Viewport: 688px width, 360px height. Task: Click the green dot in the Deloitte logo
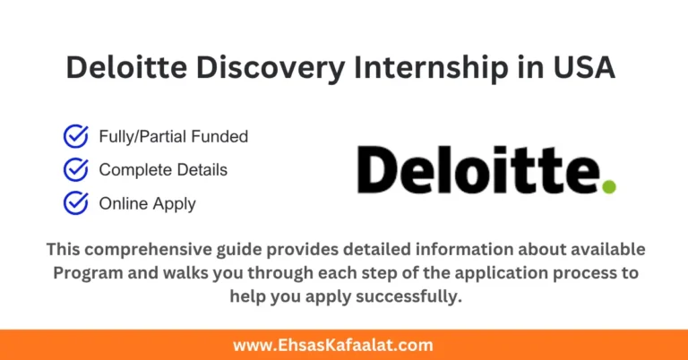coord(609,186)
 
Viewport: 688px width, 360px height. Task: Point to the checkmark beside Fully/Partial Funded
coord(75,137)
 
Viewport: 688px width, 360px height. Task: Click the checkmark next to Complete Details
coord(75,169)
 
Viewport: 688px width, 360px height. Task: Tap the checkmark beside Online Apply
coord(75,203)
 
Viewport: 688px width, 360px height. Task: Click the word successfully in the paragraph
coord(410,296)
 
